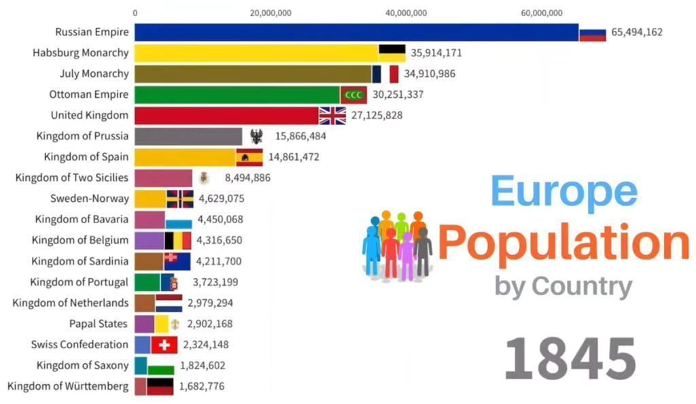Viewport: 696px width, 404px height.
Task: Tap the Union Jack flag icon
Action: click(x=332, y=116)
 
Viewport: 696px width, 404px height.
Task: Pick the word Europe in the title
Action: click(x=563, y=191)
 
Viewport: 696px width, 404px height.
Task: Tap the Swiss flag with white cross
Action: click(x=164, y=345)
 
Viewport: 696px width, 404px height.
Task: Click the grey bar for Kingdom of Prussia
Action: click(x=188, y=136)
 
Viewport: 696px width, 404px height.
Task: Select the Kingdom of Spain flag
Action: click(x=249, y=157)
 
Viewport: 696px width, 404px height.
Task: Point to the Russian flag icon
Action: click(x=592, y=33)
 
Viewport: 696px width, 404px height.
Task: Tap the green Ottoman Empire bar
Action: click(x=237, y=95)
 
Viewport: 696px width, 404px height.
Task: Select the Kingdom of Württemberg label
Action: click(x=67, y=386)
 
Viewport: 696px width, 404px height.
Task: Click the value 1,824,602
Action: click(x=203, y=365)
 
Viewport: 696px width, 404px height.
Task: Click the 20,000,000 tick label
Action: click(x=271, y=12)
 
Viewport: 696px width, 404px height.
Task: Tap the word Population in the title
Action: click(x=563, y=241)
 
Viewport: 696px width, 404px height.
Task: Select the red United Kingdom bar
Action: click(x=226, y=116)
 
